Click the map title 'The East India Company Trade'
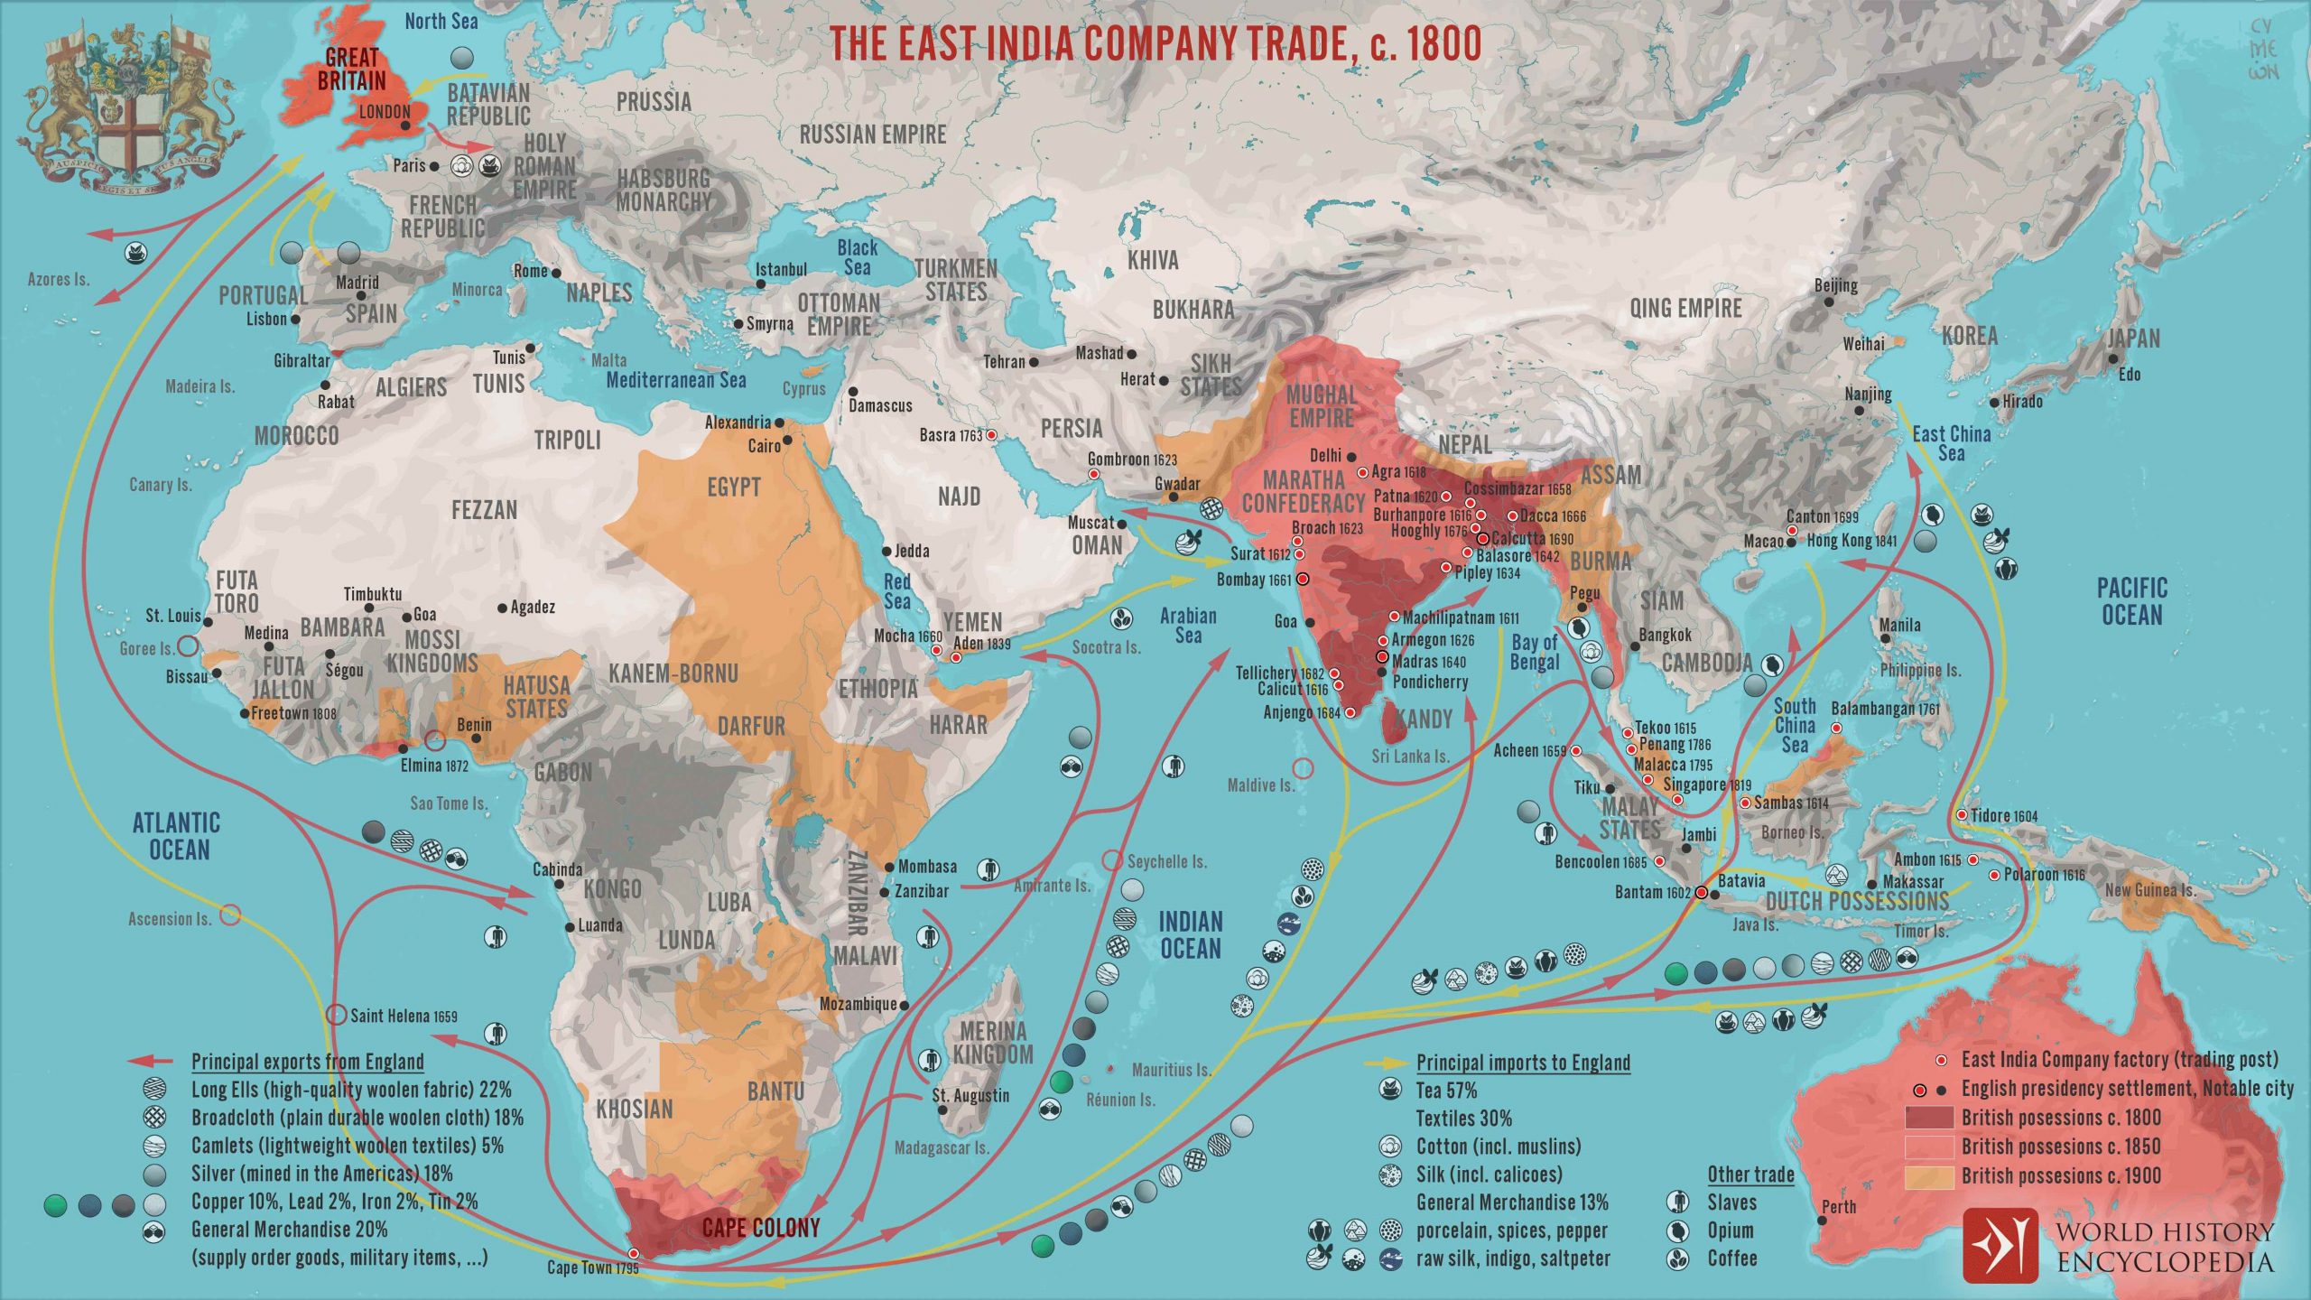[1155, 43]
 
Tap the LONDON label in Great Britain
[385, 113]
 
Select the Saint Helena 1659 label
[404, 1016]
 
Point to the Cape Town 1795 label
[592, 1267]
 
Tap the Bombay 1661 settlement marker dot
[1303, 580]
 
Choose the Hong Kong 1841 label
[1852, 541]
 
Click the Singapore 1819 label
[1707, 785]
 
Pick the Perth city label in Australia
[1839, 1206]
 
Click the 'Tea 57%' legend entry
[1446, 1090]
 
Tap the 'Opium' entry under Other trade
[1730, 1230]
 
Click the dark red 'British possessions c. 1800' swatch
[1929, 1118]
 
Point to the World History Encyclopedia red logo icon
[2000, 1245]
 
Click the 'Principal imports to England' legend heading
[1523, 1062]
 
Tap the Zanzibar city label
[921, 891]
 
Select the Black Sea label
[857, 257]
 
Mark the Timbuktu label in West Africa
[372, 594]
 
